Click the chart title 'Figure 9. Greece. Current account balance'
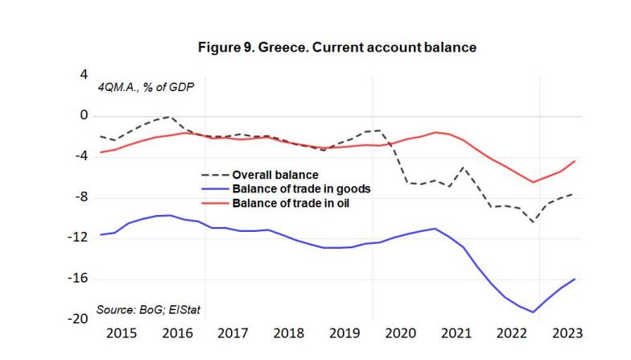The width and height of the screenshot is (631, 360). point(337,48)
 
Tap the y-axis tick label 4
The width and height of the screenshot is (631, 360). point(83,75)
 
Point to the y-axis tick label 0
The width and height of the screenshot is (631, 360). point(83,116)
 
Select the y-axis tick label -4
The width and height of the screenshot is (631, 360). point(80,156)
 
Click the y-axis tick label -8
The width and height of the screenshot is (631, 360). point(80,197)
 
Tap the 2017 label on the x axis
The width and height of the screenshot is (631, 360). point(233,333)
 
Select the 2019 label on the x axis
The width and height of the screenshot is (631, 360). point(344,333)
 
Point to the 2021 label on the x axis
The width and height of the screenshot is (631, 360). point(456,333)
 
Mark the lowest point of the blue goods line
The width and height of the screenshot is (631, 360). point(533,312)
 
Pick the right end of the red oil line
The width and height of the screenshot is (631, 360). point(575,161)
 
